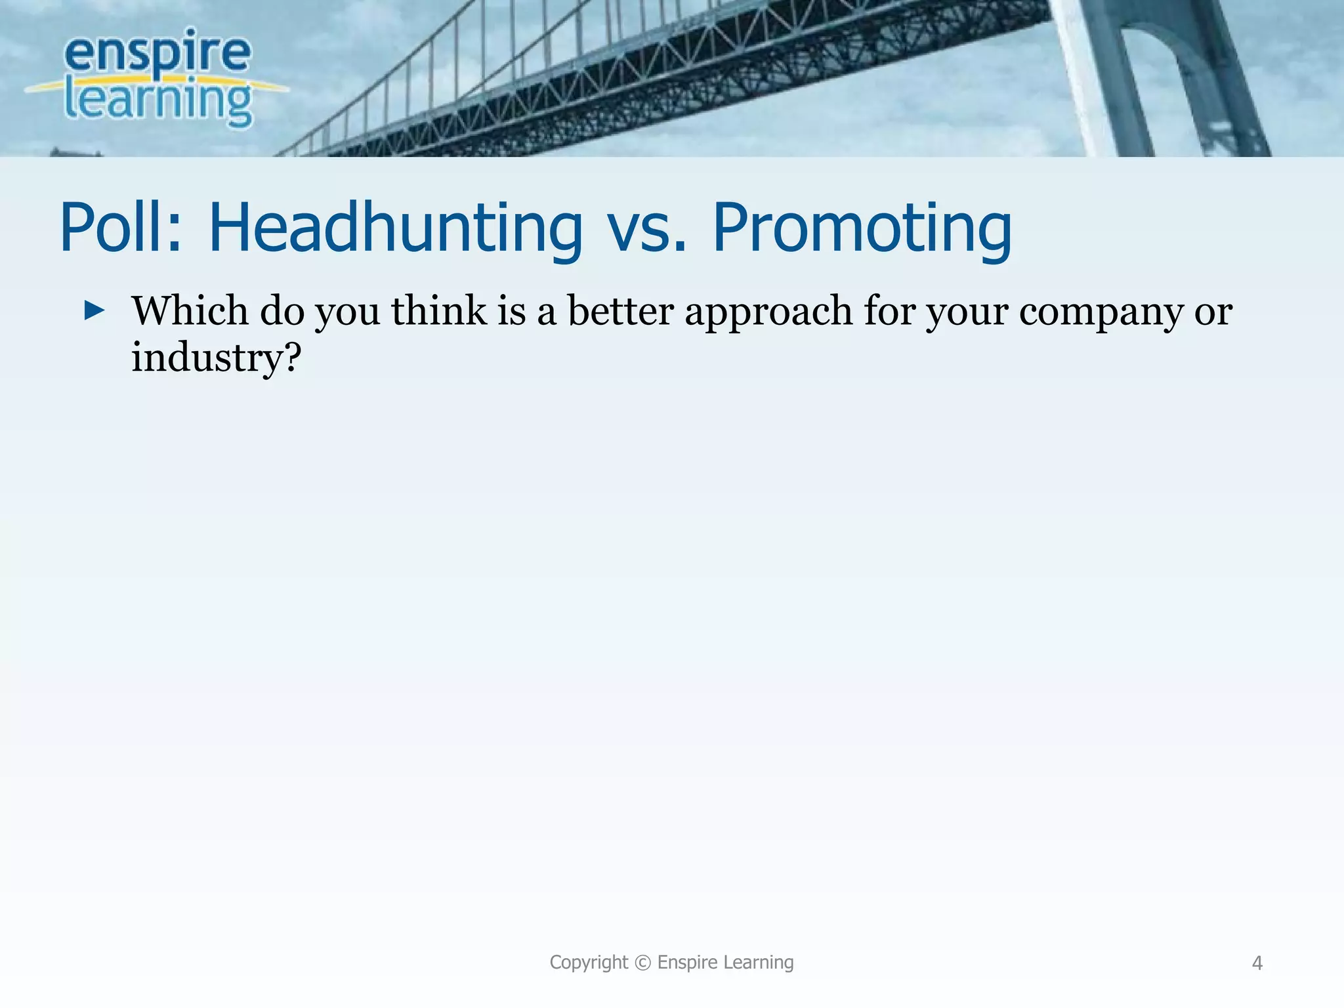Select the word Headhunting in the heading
click(395, 228)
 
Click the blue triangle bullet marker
click(94, 310)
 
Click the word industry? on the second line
click(216, 358)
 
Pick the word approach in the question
click(768, 312)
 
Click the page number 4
click(1257, 963)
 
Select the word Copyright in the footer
click(588, 963)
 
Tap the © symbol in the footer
click(643, 963)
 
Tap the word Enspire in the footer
click(687, 963)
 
